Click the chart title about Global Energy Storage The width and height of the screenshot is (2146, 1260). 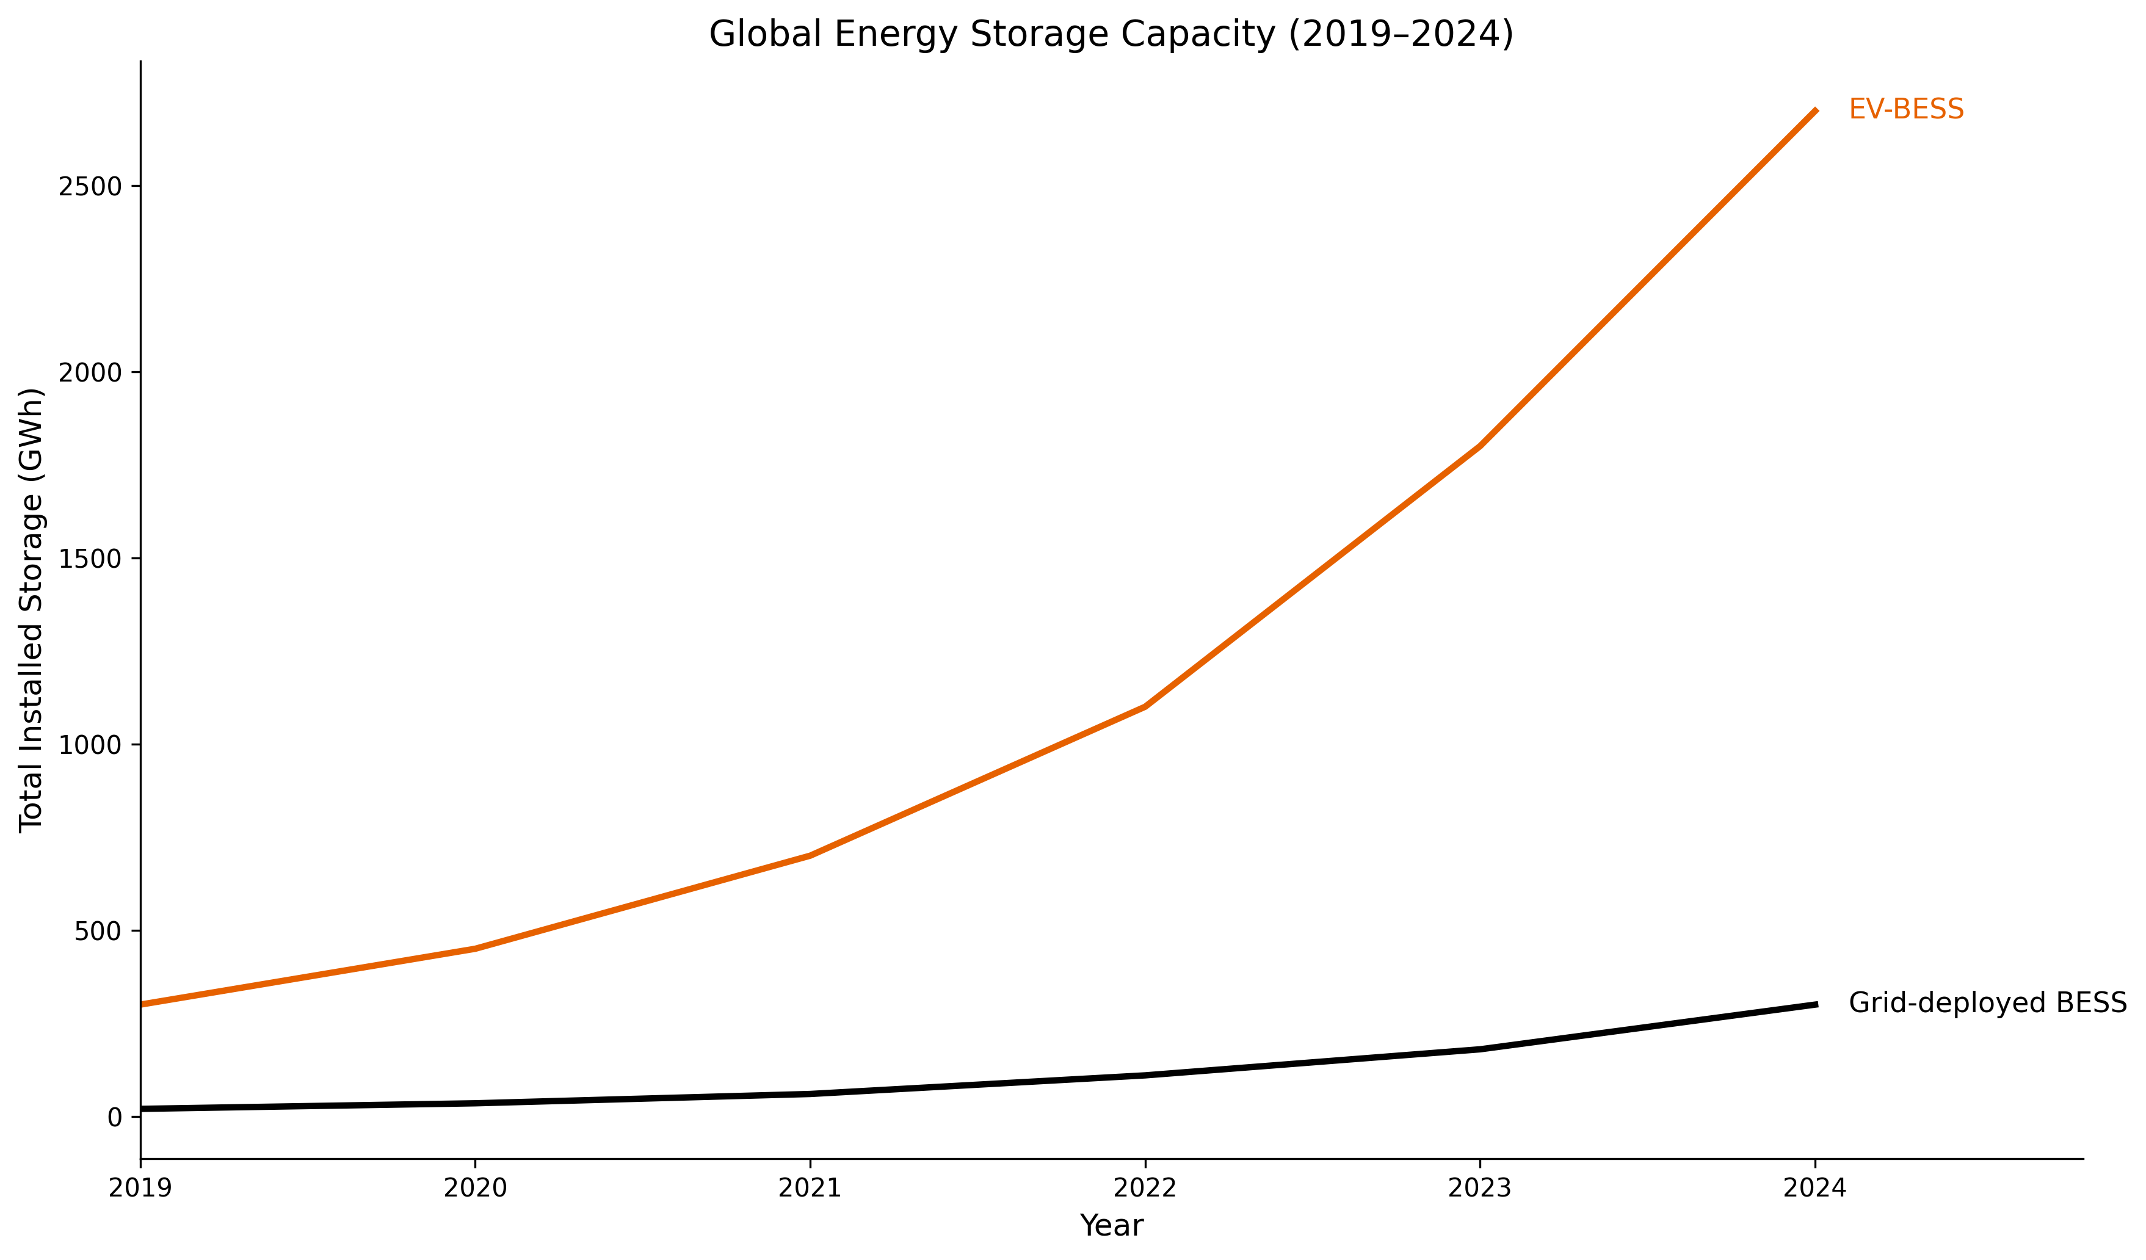coord(1111,35)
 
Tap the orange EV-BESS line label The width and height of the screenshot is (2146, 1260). coord(1906,110)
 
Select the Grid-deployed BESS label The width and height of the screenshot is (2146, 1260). coord(1987,1004)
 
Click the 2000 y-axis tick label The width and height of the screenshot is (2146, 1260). coord(90,373)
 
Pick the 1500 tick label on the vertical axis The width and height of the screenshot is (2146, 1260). coord(90,559)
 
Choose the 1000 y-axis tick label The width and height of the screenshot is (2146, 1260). coord(90,745)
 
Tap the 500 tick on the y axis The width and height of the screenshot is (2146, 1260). coord(98,932)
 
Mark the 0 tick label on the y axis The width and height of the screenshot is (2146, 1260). coord(114,1117)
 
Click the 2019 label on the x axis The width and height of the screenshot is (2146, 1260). coord(140,1187)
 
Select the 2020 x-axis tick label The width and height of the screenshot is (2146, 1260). coord(475,1187)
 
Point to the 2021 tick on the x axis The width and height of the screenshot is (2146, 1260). coord(810,1187)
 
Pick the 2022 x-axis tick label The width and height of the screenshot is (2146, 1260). coord(1145,1187)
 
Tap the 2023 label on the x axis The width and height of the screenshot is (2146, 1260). coord(1480,1187)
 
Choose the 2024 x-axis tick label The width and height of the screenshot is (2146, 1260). coord(1814,1187)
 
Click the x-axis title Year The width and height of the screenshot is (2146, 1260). coord(1111,1226)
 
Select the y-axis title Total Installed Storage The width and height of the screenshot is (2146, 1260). coord(32,610)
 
